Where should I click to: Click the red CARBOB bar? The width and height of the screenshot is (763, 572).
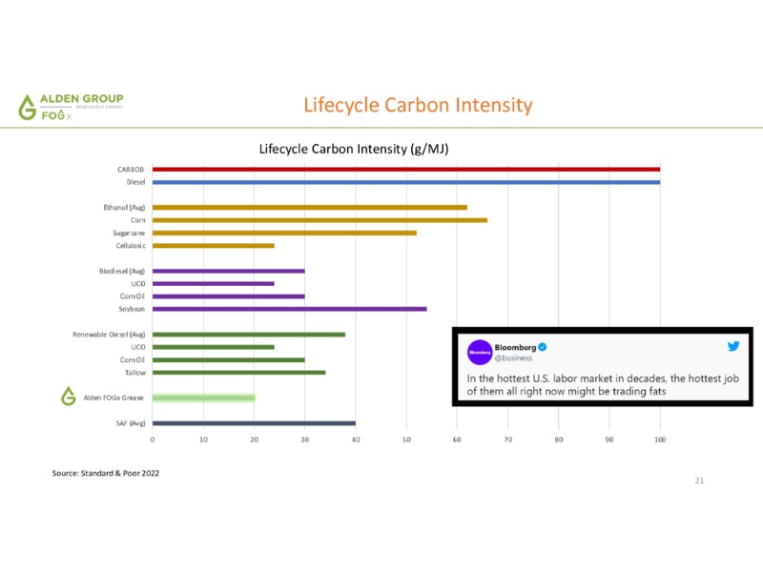point(405,170)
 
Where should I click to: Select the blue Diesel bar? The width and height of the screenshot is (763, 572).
point(405,182)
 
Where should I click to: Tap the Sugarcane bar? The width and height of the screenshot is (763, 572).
point(284,233)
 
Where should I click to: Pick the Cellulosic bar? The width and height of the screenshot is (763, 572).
point(213,246)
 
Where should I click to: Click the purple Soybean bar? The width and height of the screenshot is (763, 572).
point(289,309)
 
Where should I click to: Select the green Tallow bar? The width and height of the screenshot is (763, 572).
point(238,373)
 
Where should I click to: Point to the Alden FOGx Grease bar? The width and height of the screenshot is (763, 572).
point(203,398)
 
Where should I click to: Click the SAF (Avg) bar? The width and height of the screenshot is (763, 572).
point(254,423)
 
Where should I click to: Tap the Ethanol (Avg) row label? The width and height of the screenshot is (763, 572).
point(124,207)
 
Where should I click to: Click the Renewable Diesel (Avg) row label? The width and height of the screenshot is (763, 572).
point(109,335)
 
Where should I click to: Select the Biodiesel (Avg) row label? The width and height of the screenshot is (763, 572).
point(122,271)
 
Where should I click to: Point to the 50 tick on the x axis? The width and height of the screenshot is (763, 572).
point(406,439)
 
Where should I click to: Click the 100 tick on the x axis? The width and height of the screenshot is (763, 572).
point(659,439)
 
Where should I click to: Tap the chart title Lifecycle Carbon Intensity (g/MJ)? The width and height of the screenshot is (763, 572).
point(354,150)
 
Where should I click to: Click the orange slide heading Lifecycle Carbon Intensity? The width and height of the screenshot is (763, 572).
point(418,105)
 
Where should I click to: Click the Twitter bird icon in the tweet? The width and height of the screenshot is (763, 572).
point(733,347)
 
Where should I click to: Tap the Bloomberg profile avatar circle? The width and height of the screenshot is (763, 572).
point(479,352)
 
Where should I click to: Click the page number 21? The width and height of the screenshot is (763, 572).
point(699,480)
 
